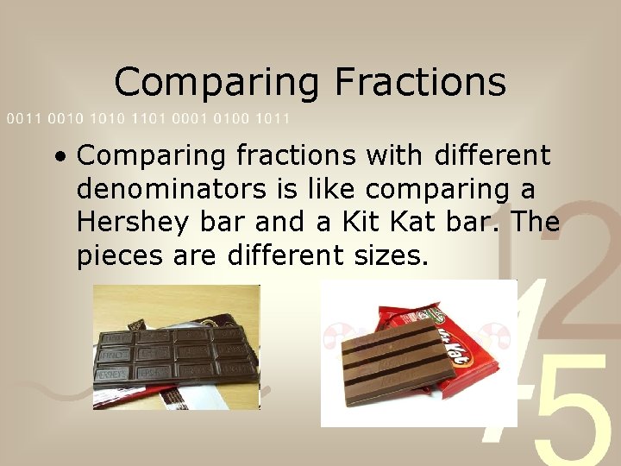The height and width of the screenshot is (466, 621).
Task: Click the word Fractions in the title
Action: (x=420, y=82)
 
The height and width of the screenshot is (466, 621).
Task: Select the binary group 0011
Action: (x=23, y=118)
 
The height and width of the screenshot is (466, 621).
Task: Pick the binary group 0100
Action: (x=233, y=118)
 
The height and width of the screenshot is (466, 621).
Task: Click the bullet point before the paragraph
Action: (x=59, y=158)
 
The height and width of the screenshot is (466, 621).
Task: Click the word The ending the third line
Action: (x=535, y=222)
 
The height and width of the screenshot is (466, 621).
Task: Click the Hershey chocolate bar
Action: (x=176, y=354)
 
